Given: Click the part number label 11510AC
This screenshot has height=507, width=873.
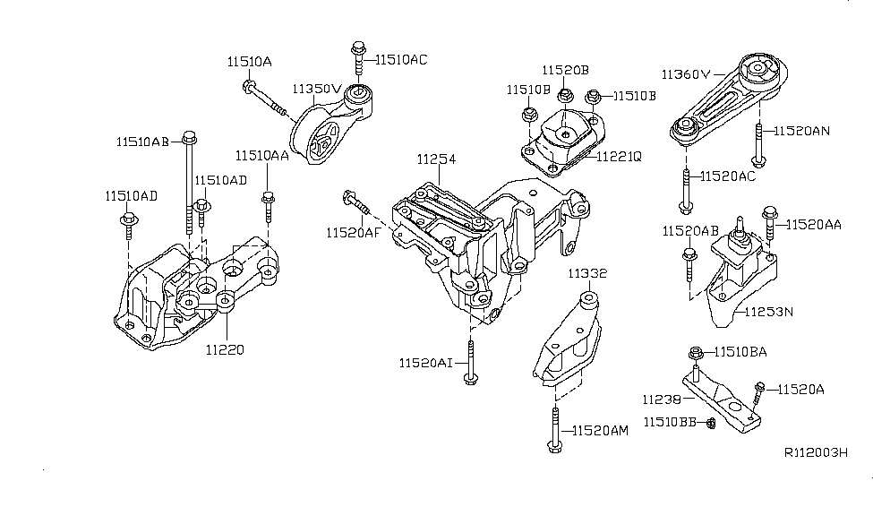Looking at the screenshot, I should [401, 60].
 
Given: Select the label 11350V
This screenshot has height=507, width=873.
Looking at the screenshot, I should [316, 89].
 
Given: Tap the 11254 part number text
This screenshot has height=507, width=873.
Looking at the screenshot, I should [436, 159].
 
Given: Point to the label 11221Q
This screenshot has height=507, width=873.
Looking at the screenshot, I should [619, 154].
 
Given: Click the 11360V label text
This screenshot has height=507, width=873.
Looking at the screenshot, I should [686, 73].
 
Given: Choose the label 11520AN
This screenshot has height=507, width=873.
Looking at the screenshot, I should [802, 130].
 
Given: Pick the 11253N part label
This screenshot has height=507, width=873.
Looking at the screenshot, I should [769, 312].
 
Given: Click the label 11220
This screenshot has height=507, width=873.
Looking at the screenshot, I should [224, 349].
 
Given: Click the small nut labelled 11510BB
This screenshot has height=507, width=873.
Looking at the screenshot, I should [708, 421].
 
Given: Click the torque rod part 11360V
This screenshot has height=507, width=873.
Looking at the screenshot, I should [730, 99].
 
